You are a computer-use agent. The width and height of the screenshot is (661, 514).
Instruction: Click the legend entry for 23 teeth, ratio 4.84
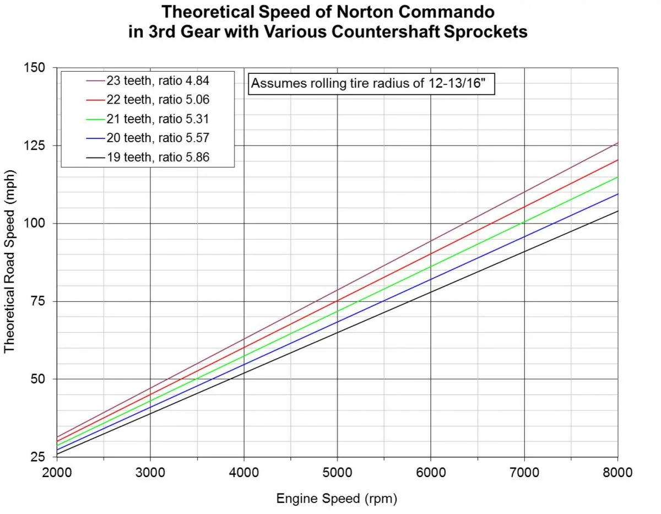(x=148, y=81)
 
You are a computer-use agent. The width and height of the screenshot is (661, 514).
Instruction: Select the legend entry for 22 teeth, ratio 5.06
(x=148, y=100)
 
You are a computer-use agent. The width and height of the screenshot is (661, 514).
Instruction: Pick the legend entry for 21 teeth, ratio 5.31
(x=148, y=120)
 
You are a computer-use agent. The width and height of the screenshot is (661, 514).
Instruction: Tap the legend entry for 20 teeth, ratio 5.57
(x=148, y=139)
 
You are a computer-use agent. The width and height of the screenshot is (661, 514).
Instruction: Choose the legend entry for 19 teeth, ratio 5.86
(x=148, y=158)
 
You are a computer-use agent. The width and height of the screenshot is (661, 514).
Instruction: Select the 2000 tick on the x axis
(x=57, y=472)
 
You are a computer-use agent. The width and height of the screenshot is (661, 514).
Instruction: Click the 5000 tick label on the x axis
(x=337, y=472)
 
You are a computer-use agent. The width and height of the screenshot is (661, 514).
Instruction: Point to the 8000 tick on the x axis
(x=617, y=472)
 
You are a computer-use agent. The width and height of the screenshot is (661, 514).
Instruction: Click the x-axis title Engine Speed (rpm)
(x=336, y=499)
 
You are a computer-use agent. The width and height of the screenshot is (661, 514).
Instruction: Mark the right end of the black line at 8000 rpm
(x=617, y=211)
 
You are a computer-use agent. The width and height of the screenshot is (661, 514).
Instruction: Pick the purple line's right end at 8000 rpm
(x=617, y=143)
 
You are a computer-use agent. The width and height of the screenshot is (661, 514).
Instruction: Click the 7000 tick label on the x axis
(x=524, y=472)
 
